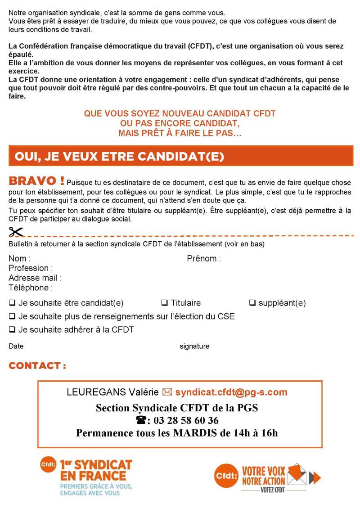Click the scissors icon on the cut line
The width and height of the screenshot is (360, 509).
click(x=16, y=232)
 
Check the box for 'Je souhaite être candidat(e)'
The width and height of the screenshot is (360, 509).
click(x=12, y=303)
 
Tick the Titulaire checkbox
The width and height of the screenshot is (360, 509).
click(x=164, y=303)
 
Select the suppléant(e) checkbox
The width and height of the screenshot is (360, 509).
click(x=252, y=303)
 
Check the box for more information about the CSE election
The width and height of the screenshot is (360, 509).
click(x=12, y=316)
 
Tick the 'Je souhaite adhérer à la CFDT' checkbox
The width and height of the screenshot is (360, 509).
click(x=12, y=329)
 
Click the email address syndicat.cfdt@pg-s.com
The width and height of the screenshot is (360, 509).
click(x=231, y=392)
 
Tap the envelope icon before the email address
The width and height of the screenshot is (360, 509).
click(x=167, y=392)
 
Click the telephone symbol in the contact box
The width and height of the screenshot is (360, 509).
click(x=141, y=420)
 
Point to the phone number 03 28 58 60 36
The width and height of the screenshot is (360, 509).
click(x=186, y=421)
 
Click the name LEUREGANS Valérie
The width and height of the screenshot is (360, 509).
click(x=112, y=392)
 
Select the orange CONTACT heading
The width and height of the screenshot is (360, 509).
click(x=37, y=365)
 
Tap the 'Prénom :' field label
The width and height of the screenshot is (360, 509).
click(x=204, y=259)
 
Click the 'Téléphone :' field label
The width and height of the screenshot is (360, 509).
click(x=31, y=288)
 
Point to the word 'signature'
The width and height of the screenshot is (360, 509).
click(x=194, y=346)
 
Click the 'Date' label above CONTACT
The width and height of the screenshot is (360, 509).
click(x=16, y=346)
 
